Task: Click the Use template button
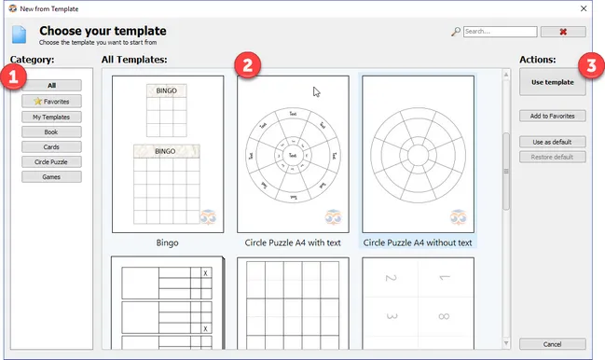[x=553, y=82]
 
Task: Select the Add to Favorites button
[x=553, y=116]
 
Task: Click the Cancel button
[x=553, y=343]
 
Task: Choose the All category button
[x=52, y=86]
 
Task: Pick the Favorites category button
[x=52, y=101]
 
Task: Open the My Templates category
[x=52, y=117]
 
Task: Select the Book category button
[x=52, y=132]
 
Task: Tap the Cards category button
[x=52, y=146]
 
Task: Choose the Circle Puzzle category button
[x=52, y=161]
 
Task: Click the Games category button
[x=52, y=176]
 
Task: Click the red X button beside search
[x=562, y=32]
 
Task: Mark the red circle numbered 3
[x=588, y=66]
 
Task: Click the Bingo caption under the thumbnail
[x=168, y=242]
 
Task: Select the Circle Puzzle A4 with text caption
[x=293, y=242]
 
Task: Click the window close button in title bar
[x=582, y=7]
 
